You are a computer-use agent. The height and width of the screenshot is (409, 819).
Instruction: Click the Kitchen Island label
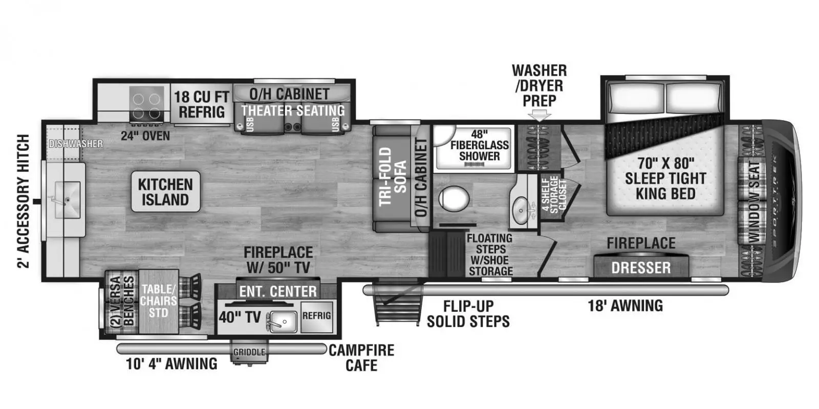coord(165,192)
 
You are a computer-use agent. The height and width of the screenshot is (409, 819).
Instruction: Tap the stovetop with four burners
coord(146,105)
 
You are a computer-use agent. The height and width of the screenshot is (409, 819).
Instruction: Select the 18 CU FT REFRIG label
coord(201,104)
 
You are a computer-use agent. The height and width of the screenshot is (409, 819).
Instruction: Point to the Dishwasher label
coord(76,144)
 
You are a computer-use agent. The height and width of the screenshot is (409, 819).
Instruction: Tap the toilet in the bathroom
coord(454,198)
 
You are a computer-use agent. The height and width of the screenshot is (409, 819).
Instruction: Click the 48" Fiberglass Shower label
coord(479,145)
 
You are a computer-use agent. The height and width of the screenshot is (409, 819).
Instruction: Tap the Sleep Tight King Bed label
coord(665,178)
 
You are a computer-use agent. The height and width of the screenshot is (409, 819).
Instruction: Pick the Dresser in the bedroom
coord(641,267)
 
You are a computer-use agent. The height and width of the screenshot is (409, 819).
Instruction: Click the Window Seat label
coord(754,201)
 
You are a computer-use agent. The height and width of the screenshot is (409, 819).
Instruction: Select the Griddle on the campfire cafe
coord(249,353)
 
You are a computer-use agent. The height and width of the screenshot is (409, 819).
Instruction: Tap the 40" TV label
coord(240,317)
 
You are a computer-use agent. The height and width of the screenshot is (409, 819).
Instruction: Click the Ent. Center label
coord(278,291)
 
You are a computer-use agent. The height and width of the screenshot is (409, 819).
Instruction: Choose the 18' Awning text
coord(625,306)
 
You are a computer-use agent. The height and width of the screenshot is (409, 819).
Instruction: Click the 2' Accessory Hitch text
coord(24,201)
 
